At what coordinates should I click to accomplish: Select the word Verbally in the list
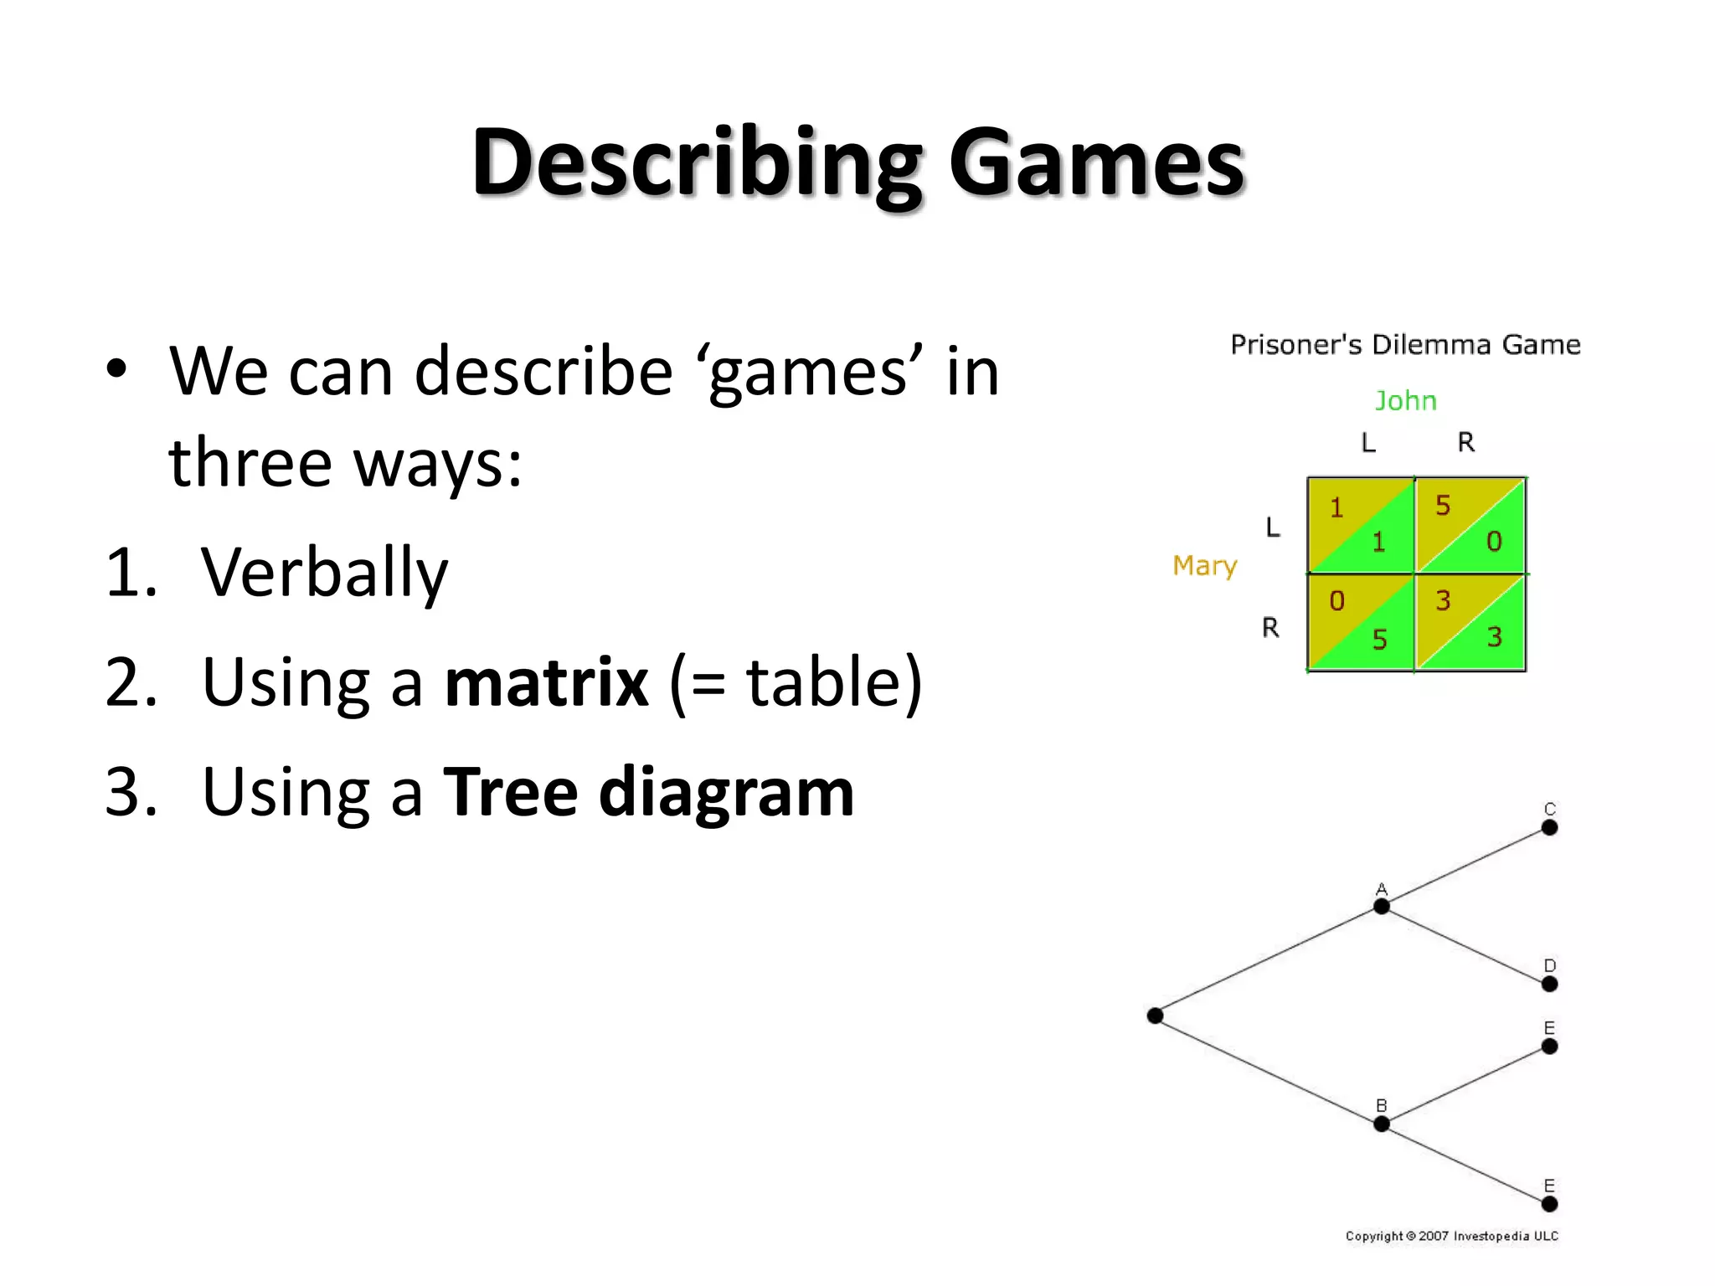[x=324, y=573]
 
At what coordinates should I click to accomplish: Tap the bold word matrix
[x=546, y=682]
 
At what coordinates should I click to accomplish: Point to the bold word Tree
[x=510, y=791]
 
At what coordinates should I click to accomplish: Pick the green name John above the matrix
[x=1405, y=401]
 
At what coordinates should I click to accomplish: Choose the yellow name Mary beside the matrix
[x=1204, y=566]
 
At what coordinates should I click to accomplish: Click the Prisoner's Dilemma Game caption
[x=1405, y=345]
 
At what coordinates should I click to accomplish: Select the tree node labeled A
[x=1382, y=906]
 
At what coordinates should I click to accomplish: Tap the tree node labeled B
[x=1382, y=1124]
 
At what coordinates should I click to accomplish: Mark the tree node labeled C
[x=1549, y=827]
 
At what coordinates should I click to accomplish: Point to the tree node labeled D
[x=1549, y=984]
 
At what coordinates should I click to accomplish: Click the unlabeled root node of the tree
[x=1156, y=1016]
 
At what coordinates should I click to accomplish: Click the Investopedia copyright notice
[x=1451, y=1236]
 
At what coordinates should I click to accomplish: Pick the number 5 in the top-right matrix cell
[x=1443, y=506]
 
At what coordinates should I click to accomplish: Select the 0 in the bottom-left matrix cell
[x=1336, y=600]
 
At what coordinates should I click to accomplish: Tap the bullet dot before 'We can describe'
[x=116, y=369]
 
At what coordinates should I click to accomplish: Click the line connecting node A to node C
[x=1465, y=867]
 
